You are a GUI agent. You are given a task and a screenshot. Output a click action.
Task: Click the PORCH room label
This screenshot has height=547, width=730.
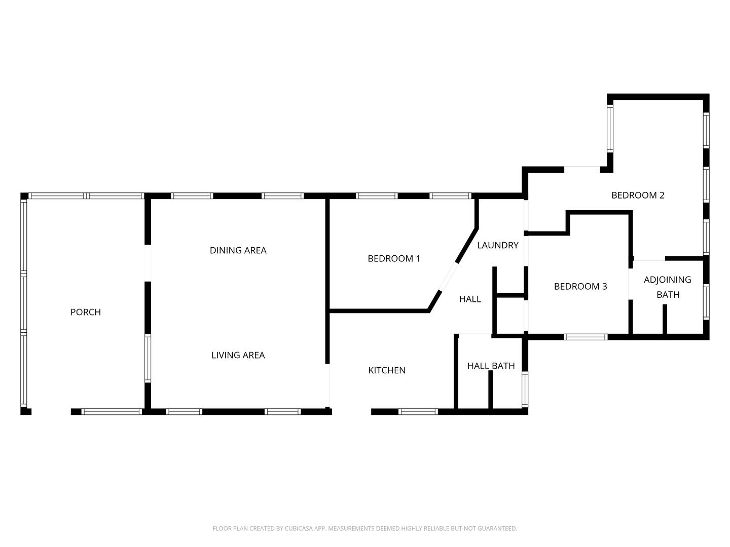(x=85, y=312)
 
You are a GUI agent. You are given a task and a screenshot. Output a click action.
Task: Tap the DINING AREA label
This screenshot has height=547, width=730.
(x=238, y=250)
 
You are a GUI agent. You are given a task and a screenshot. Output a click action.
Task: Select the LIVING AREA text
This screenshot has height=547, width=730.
(x=238, y=355)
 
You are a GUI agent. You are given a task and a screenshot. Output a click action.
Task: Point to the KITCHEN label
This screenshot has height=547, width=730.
(x=386, y=370)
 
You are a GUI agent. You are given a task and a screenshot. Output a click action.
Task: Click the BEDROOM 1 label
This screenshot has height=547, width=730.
(x=393, y=258)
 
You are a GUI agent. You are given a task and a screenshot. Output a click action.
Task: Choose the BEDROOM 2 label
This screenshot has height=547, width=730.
(x=637, y=195)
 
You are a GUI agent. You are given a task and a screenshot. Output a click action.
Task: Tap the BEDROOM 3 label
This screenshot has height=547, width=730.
(x=580, y=286)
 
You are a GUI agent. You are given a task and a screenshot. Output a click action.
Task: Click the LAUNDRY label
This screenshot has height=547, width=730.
(x=497, y=245)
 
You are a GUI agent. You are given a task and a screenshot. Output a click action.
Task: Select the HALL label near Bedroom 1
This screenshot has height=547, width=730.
(x=469, y=299)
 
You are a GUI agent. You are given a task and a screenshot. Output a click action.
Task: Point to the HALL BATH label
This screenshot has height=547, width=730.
(x=491, y=366)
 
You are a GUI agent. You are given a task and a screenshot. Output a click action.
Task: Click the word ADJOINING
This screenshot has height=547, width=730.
(x=667, y=280)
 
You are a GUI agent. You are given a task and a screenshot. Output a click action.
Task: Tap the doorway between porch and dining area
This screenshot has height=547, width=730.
(x=148, y=263)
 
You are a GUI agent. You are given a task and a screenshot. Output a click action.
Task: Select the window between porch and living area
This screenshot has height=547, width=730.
(x=148, y=358)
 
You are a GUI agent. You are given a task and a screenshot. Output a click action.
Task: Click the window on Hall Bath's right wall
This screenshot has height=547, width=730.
(x=525, y=389)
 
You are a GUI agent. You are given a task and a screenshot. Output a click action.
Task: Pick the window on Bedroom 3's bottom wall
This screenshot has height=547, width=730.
(x=586, y=337)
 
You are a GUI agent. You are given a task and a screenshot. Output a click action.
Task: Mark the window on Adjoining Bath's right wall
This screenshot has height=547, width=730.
(x=706, y=302)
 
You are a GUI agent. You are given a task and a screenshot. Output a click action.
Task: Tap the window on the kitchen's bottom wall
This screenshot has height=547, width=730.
(x=418, y=412)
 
